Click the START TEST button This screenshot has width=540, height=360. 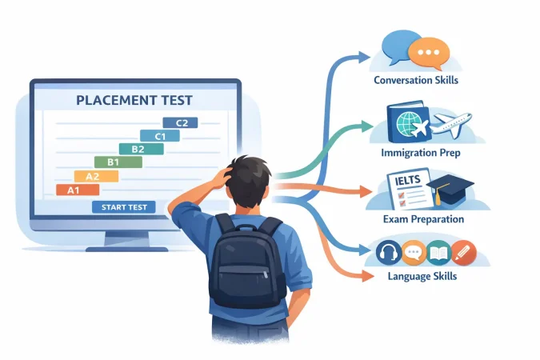pyautogui.click(x=124, y=207)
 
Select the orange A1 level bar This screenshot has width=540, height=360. pyautogui.click(x=78, y=190)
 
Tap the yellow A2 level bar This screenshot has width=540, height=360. pyautogui.click(x=97, y=176)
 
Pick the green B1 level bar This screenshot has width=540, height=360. pyautogui.click(x=118, y=162)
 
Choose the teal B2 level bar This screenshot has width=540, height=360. pyautogui.click(x=141, y=149)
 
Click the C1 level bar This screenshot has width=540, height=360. pyautogui.click(x=160, y=136)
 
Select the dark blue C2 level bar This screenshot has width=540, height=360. pyautogui.click(x=180, y=122)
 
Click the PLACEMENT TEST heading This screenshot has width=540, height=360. pyautogui.click(x=134, y=100)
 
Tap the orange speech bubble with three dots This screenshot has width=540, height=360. pyautogui.click(x=429, y=54)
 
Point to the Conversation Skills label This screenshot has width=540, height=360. pyautogui.click(x=416, y=80)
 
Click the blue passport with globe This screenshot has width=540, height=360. pyautogui.click(x=409, y=122)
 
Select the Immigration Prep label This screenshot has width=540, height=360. pyautogui.click(x=421, y=153)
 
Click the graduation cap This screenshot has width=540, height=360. pyautogui.click(x=450, y=189)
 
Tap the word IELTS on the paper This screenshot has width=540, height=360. pyautogui.click(x=408, y=180)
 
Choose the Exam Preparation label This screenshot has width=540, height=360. pyautogui.click(x=423, y=219)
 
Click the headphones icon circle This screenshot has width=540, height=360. pyautogui.click(x=389, y=253)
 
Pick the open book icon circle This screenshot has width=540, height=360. pyautogui.click(x=438, y=253)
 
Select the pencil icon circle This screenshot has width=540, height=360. pyautogui.click(x=463, y=253)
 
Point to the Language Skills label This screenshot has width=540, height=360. pyautogui.click(x=422, y=276)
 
